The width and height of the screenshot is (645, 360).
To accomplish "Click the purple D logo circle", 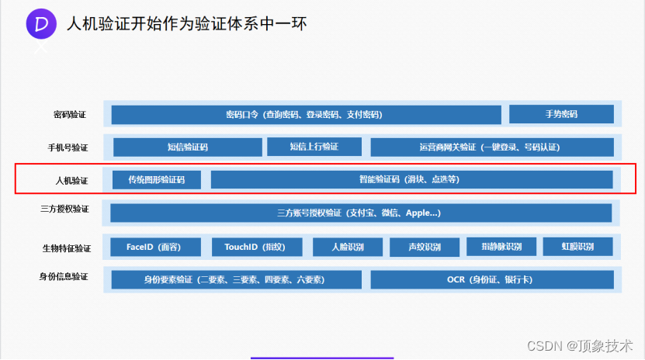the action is [41, 24].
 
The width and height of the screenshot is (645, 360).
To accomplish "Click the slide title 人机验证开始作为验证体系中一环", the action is [187, 24].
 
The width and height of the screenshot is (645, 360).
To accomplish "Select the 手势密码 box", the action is [561, 114].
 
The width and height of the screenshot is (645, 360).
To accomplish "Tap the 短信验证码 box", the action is [188, 147].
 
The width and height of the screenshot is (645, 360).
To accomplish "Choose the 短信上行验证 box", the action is [314, 147].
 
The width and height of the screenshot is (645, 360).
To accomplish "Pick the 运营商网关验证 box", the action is [492, 147].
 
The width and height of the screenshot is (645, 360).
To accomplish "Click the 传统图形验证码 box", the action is [157, 179].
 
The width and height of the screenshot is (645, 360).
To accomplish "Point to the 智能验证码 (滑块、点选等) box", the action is [412, 179].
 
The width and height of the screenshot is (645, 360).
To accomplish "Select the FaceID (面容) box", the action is [155, 247].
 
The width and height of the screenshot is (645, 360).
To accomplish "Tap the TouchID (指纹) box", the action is [257, 247].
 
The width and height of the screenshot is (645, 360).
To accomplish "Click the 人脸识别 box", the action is [348, 247].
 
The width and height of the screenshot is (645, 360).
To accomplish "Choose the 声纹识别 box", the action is [425, 247].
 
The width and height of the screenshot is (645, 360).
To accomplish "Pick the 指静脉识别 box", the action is [501, 247].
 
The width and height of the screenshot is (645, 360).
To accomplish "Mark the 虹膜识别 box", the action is [578, 247].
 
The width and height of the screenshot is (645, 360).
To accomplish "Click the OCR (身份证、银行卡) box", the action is [492, 279].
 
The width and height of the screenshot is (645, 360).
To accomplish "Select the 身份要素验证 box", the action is [237, 279].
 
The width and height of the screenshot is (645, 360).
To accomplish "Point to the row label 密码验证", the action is [70, 115].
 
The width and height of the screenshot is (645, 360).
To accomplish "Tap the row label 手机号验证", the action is [68, 147].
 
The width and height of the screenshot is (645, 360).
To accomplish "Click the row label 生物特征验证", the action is [67, 248].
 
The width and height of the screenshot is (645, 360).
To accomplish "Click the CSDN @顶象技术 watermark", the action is [580, 346].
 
